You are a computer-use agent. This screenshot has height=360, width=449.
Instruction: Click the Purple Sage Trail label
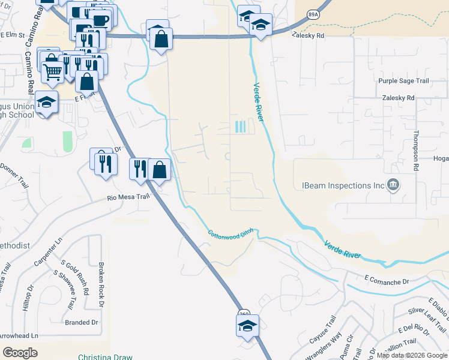403,81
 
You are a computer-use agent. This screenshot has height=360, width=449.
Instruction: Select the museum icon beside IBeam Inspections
393,185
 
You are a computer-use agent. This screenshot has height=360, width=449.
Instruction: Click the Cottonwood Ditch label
231,234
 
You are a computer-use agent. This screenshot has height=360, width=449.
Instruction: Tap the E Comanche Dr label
386,281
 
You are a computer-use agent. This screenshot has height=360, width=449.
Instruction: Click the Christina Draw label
105,357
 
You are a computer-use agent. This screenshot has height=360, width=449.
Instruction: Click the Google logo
20,353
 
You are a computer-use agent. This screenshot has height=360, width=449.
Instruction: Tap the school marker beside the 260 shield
247,326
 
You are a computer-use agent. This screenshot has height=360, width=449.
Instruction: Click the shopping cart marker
53,72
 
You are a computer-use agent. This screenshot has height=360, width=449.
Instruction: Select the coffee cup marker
100,20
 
